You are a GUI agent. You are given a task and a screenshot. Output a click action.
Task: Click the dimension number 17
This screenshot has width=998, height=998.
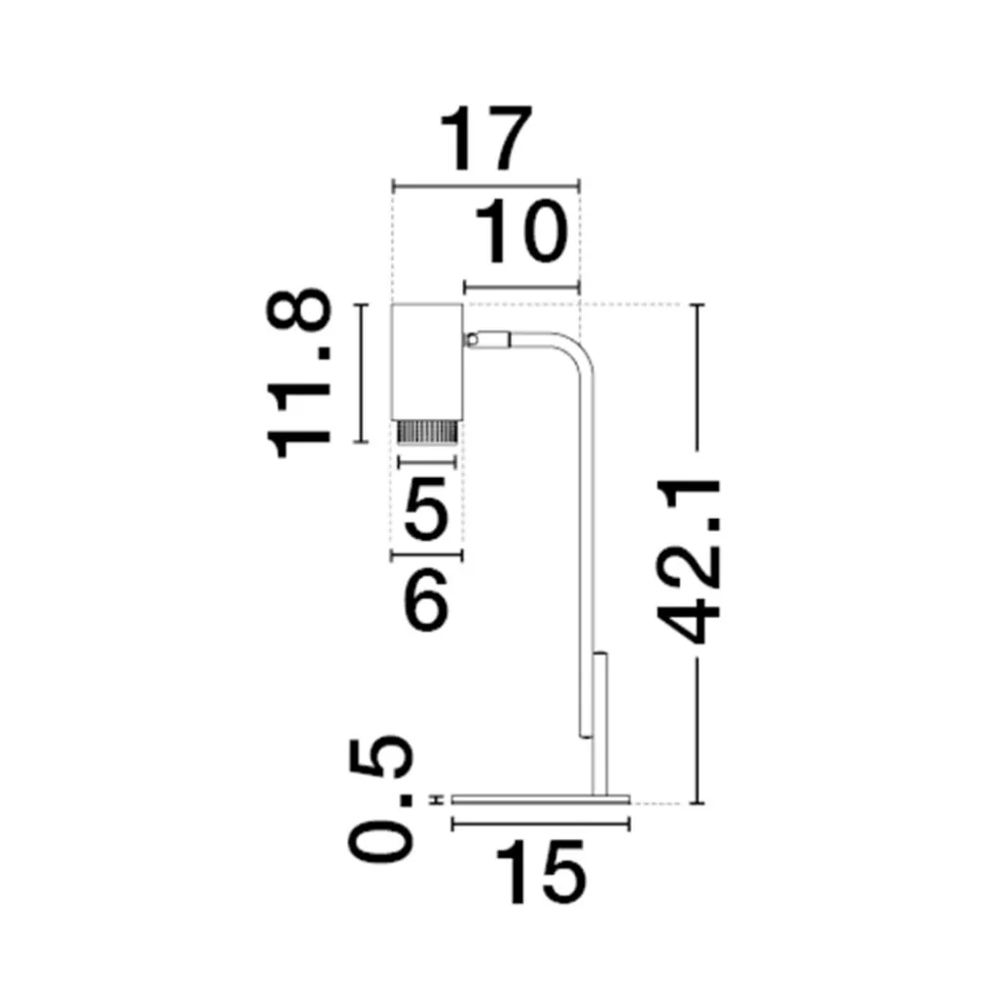click(486, 138)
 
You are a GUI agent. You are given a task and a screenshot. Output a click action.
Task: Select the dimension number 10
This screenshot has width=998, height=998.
click(521, 232)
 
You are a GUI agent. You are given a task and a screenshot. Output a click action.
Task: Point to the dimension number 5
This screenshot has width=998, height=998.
click(426, 507)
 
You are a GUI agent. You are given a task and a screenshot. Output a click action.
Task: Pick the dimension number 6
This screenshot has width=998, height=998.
click(426, 599)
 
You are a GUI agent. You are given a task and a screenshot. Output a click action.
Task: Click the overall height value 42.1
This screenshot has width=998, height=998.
click(690, 561)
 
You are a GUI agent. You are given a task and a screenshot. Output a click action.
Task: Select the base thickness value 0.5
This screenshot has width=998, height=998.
click(380, 798)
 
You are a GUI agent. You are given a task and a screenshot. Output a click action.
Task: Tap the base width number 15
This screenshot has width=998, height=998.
click(540, 872)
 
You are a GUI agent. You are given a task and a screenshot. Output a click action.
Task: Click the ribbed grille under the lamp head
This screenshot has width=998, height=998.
click(426, 431)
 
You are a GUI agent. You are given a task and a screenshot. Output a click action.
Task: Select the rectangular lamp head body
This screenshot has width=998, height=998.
click(427, 361)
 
